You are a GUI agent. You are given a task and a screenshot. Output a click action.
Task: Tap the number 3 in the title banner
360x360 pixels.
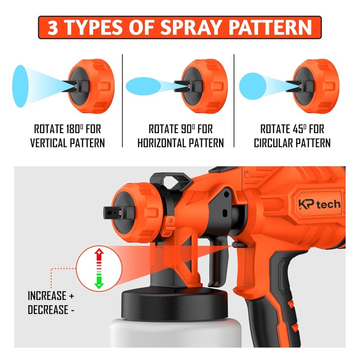[x=53, y=27]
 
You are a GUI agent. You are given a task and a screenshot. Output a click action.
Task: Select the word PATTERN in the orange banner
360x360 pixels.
[x=270, y=27]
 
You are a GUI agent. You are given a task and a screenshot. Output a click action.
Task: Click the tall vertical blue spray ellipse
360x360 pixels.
[x=20, y=86]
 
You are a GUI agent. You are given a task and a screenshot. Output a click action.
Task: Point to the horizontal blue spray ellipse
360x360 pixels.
[x=144, y=86]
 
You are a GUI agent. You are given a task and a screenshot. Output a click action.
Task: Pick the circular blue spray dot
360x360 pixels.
[x=252, y=86]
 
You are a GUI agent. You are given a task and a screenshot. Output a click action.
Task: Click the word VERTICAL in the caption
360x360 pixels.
[x=48, y=143]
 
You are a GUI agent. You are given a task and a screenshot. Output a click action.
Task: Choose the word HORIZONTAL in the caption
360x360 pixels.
[x=162, y=143]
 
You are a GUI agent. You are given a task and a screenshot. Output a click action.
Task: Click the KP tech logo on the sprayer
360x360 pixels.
[x=319, y=204]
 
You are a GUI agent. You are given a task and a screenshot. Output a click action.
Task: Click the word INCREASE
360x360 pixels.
[x=47, y=296]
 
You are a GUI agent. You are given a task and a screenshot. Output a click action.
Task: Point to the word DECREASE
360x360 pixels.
[x=48, y=310]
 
